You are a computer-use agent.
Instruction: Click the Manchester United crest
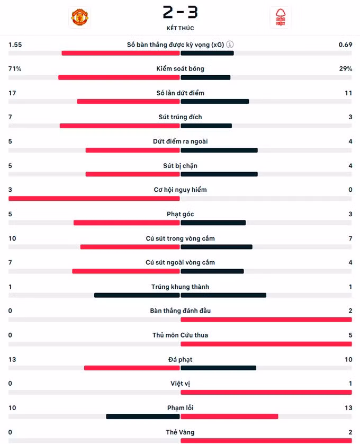coord(79,17)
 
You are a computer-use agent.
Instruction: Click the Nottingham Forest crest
coord(280,17)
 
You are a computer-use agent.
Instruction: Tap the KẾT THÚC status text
coord(180,28)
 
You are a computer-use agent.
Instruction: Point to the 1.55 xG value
coord(15,45)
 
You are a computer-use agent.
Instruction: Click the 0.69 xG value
coord(345,45)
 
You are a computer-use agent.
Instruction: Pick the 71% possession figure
coord(15,69)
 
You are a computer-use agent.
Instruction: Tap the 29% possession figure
coord(346,69)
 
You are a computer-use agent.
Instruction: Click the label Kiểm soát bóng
coord(180,69)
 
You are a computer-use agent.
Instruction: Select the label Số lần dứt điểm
coord(180,93)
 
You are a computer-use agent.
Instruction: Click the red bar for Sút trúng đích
coord(120,126)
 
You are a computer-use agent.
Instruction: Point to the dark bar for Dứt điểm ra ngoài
coord(219,150)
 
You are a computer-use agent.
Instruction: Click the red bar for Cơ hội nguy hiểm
coord(94,198)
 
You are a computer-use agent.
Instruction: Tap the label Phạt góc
coord(180,214)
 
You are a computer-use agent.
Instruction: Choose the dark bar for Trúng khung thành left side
coord(137,295)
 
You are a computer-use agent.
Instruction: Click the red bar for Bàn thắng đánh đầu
coord(266,319)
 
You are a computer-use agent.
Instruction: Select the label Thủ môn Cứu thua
coord(180,335)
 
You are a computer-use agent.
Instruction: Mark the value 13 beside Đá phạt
coord(12,360)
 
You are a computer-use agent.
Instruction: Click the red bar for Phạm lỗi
coord(229,416)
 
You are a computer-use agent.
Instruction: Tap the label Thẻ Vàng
coord(180,432)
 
